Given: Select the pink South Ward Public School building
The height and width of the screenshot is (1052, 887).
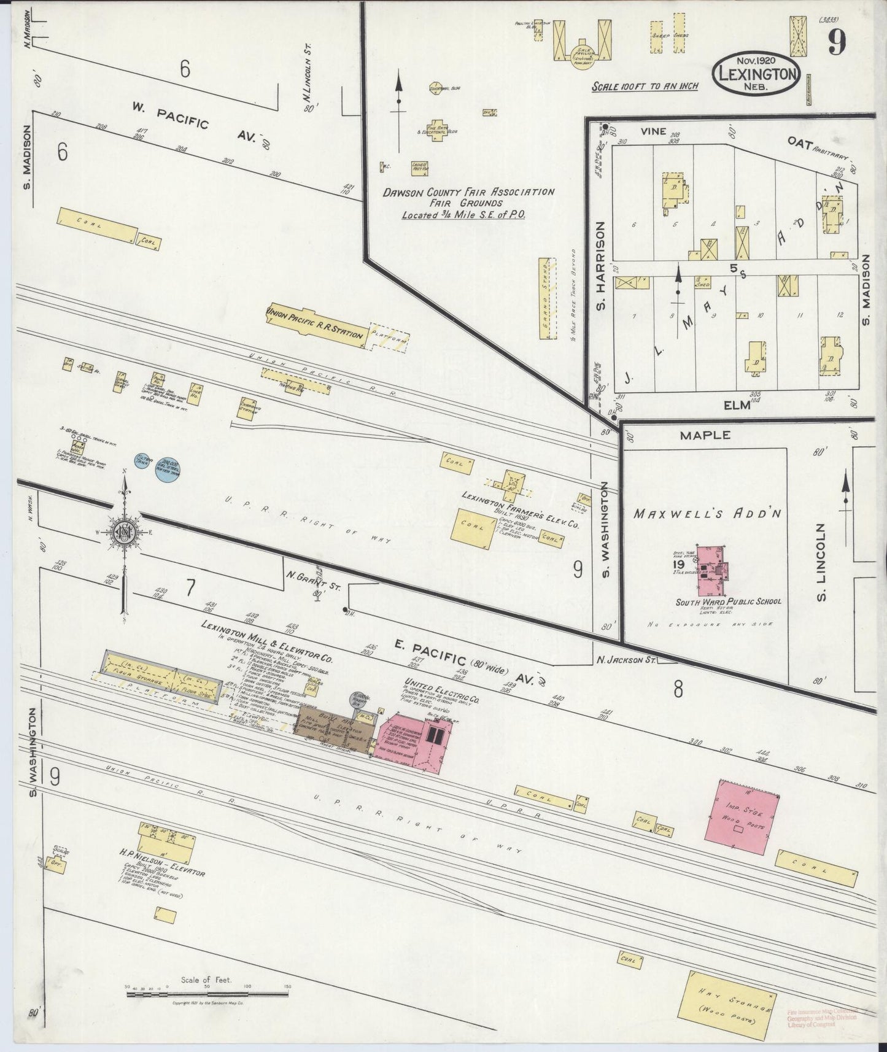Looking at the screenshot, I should point(711,571).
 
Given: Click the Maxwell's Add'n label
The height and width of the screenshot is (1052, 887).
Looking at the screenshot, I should point(708,513).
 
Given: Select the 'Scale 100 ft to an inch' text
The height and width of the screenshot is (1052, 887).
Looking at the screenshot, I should point(645,86).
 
